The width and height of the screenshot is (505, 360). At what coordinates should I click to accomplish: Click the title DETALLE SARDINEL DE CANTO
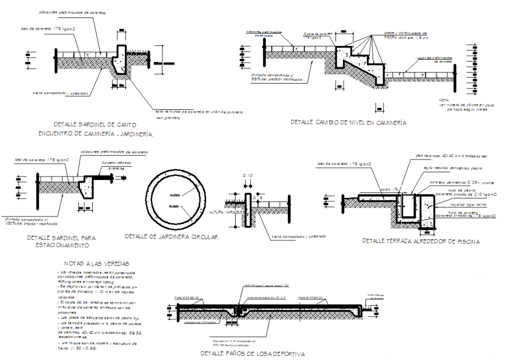[95, 125]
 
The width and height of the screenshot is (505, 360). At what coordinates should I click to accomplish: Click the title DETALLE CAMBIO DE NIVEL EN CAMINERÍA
[348, 123]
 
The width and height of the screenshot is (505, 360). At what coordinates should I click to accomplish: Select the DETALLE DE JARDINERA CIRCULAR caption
[171, 237]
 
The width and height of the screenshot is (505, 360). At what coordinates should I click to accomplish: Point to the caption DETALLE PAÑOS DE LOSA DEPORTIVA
[252, 354]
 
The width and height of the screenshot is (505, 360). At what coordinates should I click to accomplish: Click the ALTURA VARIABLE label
[223, 213]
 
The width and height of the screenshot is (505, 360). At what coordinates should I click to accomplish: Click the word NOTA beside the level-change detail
[445, 100]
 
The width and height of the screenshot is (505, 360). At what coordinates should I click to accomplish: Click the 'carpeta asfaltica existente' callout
[114, 165]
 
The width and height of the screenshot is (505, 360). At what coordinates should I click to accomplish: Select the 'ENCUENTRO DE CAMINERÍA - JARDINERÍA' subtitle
[95, 134]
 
